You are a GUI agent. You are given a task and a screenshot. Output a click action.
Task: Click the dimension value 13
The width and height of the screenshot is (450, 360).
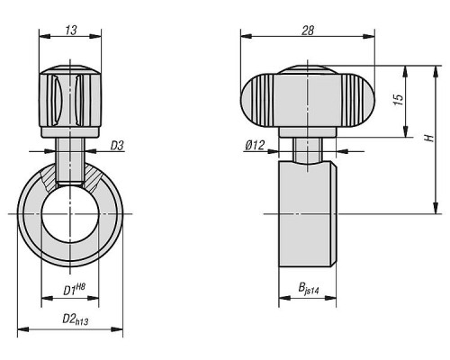point(71,30)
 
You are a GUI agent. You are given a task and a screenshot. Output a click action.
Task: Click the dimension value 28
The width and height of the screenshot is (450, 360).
point(308,31)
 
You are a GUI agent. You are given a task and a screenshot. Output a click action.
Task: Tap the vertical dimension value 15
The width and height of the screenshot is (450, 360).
point(399,100)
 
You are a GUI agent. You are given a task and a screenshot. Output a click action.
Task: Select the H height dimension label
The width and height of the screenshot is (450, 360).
point(430,138)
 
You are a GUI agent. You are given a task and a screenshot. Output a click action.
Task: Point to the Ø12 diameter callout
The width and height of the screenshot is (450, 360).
point(255,146)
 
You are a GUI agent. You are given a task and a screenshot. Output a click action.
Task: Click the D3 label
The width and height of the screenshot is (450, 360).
point(117,146)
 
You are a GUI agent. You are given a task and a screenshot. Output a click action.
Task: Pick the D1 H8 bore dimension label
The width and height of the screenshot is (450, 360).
point(74,290)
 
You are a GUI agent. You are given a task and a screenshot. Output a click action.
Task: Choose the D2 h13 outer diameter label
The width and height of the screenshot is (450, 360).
point(76,319)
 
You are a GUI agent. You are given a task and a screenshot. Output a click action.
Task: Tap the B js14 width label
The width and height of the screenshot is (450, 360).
point(308,289)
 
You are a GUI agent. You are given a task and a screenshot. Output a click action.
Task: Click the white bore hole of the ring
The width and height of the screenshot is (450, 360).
point(70,213)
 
